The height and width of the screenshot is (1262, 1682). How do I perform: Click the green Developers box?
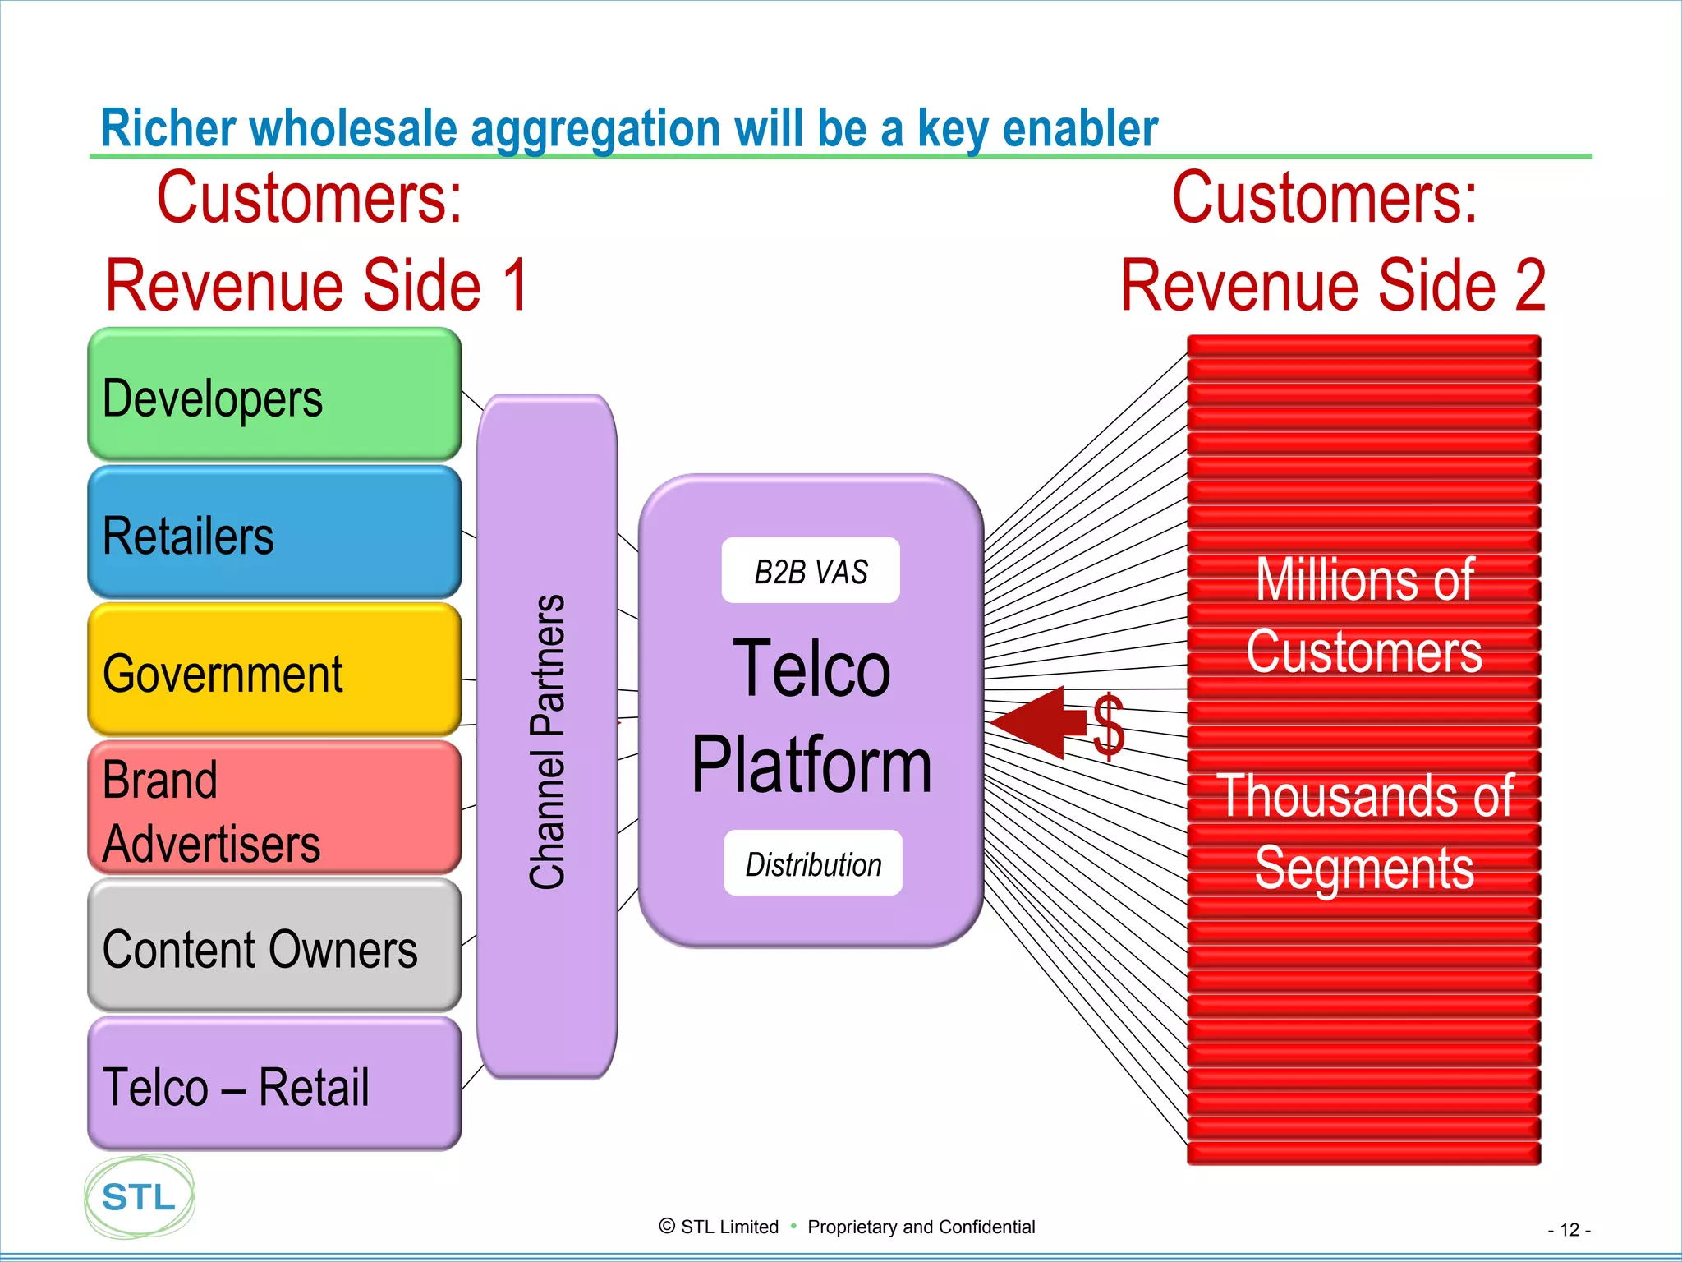[274, 395]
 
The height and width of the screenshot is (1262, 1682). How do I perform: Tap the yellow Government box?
[274, 670]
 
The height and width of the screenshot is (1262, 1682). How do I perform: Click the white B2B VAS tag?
[811, 571]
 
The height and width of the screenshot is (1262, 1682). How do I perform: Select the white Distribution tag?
[813, 864]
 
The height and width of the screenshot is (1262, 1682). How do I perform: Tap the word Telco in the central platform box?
[811, 669]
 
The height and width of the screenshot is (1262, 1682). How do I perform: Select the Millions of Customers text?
[1364, 616]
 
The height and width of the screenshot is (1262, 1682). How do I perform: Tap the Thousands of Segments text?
[1364, 831]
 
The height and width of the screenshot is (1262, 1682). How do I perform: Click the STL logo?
[140, 1197]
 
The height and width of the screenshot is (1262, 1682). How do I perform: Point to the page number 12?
[1569, 1230]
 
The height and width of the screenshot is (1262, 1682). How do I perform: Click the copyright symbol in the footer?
[667, 1227]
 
